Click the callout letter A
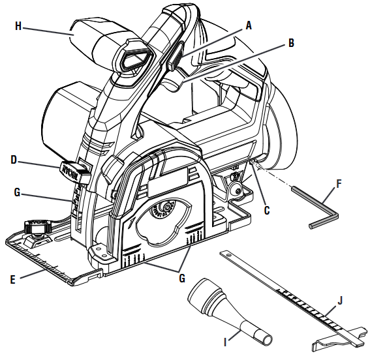click(249, 25)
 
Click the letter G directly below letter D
click(18, 192)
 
